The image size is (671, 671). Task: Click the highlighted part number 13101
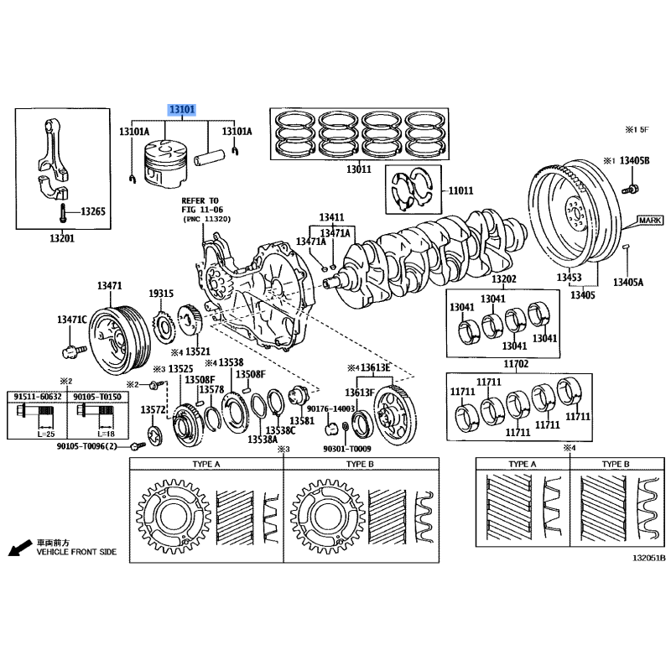pos(182,110)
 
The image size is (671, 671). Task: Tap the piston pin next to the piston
pos(209,156)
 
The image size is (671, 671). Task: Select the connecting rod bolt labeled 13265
pos(62,213)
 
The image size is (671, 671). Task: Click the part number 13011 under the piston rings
pos(359,169)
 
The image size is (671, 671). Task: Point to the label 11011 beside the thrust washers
pos(460,190)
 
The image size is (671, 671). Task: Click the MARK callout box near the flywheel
pos(650,221)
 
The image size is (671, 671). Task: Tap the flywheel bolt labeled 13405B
pos(631,188)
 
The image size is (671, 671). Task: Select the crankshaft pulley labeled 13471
pos(120,341)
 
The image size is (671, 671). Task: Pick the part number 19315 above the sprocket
pos(161,293)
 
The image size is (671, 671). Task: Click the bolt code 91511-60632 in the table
pos(38,397)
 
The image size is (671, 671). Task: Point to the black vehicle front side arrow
pos(19,548)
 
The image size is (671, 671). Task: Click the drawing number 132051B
pos(649,558)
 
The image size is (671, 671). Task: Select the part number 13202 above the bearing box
pos(504,279)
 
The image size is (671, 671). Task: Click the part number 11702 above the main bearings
pos(516,364)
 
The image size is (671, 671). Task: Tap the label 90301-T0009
pos(347,449)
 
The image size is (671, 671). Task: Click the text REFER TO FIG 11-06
pos(202,205)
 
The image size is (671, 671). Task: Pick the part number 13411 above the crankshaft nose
pos(331,217)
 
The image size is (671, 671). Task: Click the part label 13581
pos(302,421)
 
